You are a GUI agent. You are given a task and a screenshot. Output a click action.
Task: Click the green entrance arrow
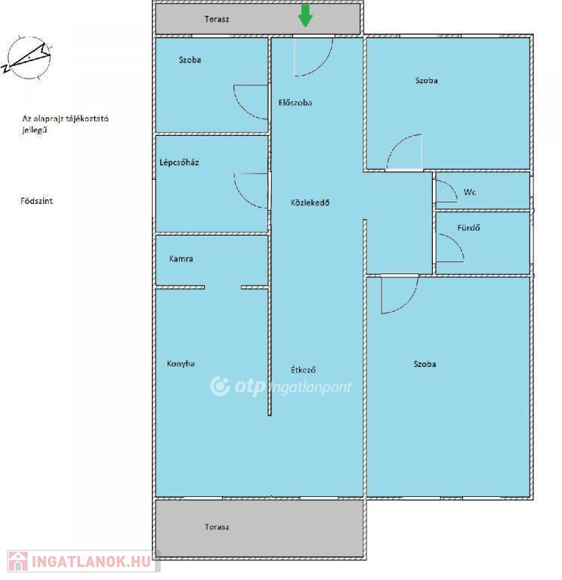point(305,16)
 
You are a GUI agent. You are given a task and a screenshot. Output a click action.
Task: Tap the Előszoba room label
point(295,103)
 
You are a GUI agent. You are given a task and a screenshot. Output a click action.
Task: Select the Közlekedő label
point(310,202)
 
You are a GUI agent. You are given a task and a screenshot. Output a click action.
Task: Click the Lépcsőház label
point(180,162)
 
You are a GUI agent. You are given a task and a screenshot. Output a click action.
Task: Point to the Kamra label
point(181,258)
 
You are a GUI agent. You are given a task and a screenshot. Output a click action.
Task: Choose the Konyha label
point(181,363)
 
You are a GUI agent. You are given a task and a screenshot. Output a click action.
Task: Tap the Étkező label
point(303,369)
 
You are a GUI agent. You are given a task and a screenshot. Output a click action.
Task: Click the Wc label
point(470,192)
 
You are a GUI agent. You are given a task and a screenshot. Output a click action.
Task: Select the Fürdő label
point(468,227)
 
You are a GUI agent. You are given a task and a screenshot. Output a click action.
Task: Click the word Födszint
point(36,201)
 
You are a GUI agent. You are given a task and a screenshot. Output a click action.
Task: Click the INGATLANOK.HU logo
point(83,561)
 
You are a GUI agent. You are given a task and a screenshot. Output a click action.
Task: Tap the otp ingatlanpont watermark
point(280,387)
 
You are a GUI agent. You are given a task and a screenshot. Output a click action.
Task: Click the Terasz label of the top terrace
point(217,19)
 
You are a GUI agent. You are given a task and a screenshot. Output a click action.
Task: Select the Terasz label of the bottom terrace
point(217,526)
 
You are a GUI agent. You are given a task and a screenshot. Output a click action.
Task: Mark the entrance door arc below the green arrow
point(323,66)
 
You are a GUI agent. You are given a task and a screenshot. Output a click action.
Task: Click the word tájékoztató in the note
point(87,119)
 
